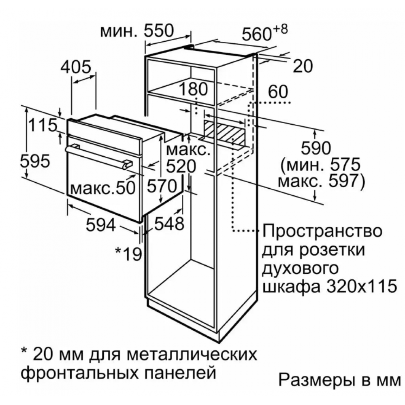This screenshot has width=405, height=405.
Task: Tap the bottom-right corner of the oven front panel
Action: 141,222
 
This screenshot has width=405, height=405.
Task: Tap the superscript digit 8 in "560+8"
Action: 283,29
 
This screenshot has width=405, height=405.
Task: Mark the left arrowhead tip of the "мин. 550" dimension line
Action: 146,45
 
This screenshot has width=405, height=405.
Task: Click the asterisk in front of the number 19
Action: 118,251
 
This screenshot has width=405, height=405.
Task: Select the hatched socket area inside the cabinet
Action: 224,132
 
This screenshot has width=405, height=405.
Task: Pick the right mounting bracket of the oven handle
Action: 128,164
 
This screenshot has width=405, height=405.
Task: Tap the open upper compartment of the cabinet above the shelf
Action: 181,77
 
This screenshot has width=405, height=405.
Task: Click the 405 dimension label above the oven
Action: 76,67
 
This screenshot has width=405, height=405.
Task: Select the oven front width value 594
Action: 100,225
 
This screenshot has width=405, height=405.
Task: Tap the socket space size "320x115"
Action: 361,286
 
